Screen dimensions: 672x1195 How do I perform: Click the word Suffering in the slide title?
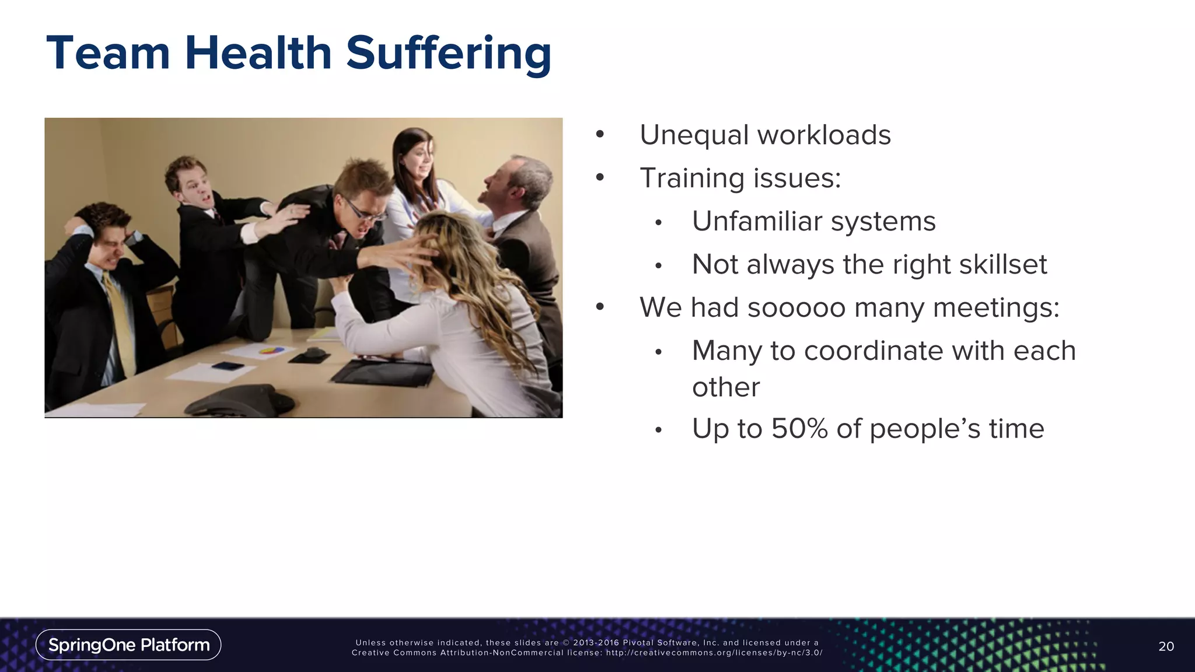pyautogui.click(x=448, y=54)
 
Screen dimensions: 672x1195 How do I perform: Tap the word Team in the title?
pyautogui.click(x=108, y=54)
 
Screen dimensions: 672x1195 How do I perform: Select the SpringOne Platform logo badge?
pyautogui.click(x=128, y=645)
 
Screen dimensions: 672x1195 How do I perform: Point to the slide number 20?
pyautogui.click(x=1166, y=646)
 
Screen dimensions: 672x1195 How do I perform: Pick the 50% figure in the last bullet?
pyautogui.click(x=799, y=429)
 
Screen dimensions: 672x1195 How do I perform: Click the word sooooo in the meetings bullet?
pyautogui.click(x=796, y=307)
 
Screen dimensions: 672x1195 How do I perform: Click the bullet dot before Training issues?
pyautogui.click(x=600, y=178)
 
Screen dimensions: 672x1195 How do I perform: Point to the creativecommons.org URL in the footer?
pyautogui.click(x=714, y=653)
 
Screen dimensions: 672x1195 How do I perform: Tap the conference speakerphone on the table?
pyautogui.click(x=242, y=398)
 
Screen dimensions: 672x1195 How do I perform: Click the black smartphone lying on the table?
pyautogui.click(x=228, y=366)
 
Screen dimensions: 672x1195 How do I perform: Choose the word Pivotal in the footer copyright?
pyautogui.click(x=639, y=643)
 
